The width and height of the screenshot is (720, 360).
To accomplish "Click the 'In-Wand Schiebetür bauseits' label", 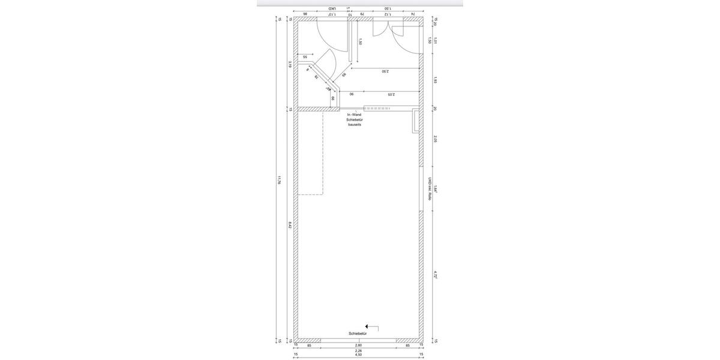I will tap(355, 119).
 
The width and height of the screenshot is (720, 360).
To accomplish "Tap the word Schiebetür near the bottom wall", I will tap(357, 333).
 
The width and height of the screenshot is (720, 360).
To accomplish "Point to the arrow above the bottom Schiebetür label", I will tap(372, 328).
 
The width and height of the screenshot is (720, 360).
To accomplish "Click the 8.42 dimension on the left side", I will tap(290, 225).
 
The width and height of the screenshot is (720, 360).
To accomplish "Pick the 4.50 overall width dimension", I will tap(358, 355).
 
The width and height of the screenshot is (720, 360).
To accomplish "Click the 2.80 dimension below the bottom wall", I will tap(358, 346).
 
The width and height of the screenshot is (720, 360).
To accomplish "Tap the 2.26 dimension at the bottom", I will tap(358, 350).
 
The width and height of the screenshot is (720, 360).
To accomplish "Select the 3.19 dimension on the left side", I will tap(290, 64).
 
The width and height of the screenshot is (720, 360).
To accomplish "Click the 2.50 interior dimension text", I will tap(385, 71).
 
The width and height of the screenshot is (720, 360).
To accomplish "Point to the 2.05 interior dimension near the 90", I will tap(391, 94).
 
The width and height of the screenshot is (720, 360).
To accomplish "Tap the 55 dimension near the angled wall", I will tap(305, 57).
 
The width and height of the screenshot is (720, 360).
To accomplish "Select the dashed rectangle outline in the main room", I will tap(311, 153).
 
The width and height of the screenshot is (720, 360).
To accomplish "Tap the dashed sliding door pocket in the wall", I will tap(377, 109).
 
